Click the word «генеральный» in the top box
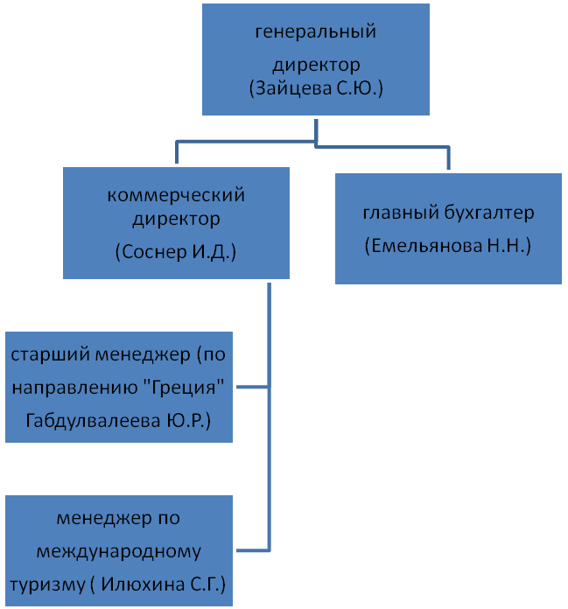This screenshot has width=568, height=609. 315,33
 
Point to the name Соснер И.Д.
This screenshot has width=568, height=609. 177,251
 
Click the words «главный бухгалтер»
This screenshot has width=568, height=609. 447,213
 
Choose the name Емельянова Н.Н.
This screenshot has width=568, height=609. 447,246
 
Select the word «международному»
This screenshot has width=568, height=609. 119,552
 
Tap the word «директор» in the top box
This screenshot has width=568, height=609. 316,65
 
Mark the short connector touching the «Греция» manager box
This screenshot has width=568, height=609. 252,387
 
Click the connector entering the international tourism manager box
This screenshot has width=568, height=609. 252,549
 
